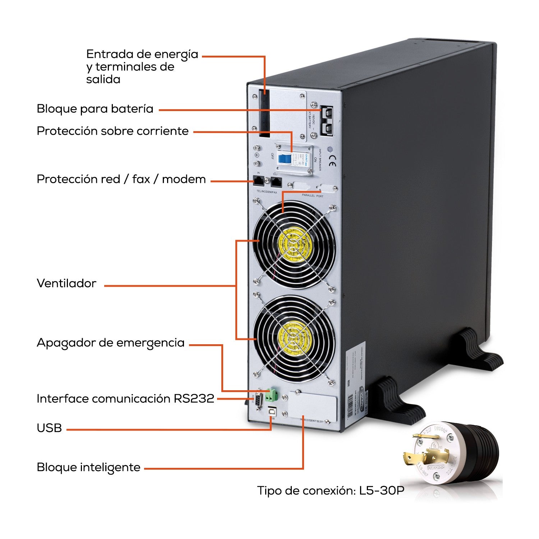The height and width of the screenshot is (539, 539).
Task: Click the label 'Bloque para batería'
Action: click(95, 109)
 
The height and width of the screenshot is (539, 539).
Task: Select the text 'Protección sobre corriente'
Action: click(112, 131)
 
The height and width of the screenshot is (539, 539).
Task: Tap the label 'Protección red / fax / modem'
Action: click(121, 179)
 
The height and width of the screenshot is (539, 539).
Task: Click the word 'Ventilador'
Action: click(66, 283)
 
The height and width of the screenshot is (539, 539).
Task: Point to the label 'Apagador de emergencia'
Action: click(110, 343)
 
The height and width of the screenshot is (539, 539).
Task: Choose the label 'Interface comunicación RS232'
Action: click(125, 399)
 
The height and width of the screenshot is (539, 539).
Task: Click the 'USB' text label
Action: click(49, 428)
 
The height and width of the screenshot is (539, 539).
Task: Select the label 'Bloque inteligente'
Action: click(88, 467)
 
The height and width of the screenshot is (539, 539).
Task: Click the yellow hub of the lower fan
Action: click(295, 338)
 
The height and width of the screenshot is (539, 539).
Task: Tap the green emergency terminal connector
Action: click(271, 395)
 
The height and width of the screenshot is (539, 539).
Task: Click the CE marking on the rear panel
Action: click(332, 162)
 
